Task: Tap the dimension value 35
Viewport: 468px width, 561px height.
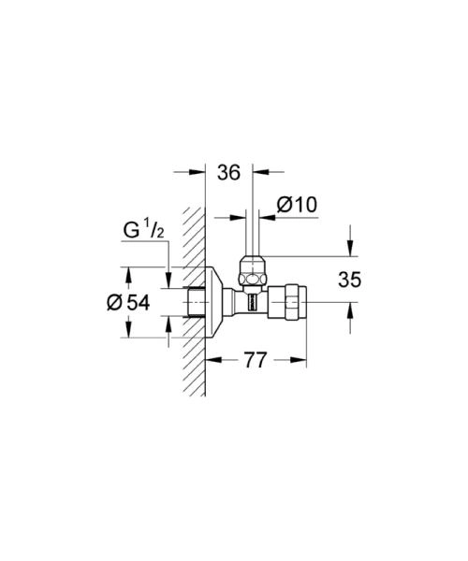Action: (x=348, y=279)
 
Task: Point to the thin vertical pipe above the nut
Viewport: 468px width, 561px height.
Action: (x=250, y=234)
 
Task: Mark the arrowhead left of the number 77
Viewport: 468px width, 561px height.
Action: (x=212, y=359)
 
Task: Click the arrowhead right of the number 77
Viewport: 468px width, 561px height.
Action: (x=302, y=359)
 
